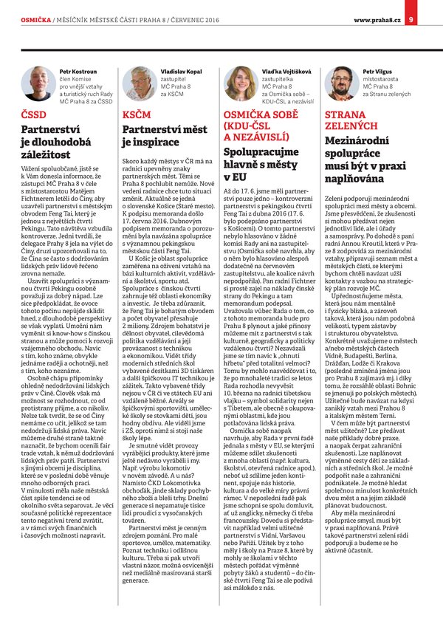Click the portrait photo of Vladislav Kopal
coord(137,83)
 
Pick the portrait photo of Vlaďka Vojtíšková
coord(239,83)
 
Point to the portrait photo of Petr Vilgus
coord(340,83)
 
